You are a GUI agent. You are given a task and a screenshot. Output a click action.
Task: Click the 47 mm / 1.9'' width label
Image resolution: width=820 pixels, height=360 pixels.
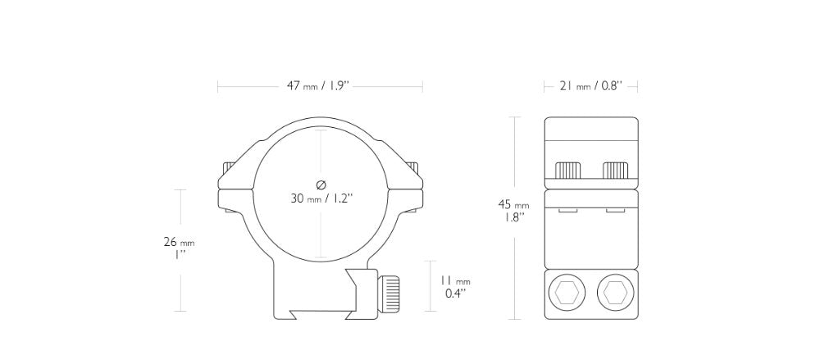[320, 86]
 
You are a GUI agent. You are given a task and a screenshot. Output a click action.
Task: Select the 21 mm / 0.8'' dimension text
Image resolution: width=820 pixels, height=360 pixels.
[590, 86]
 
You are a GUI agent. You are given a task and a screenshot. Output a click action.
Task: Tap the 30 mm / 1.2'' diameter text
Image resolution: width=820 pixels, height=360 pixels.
[321, 198]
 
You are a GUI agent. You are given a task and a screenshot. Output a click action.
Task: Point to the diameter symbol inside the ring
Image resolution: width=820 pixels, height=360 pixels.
[321, 184]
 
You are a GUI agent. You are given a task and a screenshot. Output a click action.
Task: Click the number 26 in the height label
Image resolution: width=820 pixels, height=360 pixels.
[170, 242]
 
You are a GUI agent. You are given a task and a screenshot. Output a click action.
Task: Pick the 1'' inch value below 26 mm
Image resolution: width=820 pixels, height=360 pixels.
[179, 256]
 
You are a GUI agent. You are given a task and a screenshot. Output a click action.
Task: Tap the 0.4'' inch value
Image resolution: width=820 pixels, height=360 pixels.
[456, 292]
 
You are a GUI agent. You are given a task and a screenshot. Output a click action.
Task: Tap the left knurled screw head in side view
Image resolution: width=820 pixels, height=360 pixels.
[568, 170]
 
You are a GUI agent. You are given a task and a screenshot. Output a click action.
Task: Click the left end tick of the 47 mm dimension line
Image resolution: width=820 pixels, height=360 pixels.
[217, 86]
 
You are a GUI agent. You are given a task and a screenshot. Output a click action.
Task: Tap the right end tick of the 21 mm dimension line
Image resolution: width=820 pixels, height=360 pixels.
[637, 86]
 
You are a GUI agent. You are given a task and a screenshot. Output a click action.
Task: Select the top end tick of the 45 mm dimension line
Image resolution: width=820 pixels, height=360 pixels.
[514, 117]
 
